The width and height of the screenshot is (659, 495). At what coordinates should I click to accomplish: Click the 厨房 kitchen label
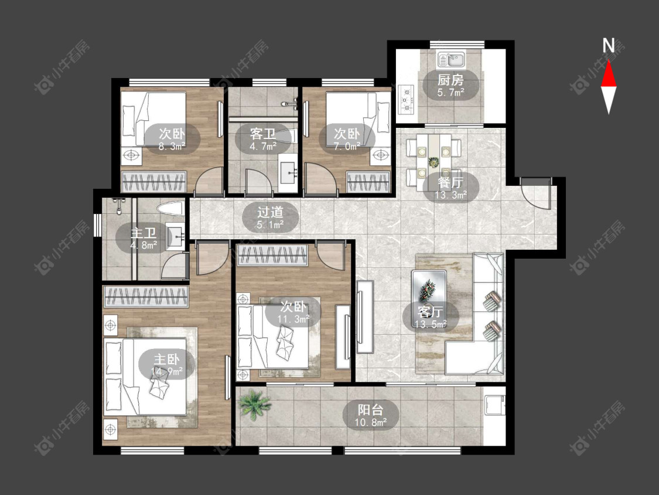click(450, 80)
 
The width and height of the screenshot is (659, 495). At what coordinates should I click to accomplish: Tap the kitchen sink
click(451, 60)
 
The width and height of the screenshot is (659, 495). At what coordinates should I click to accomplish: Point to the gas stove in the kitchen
click(405, 100)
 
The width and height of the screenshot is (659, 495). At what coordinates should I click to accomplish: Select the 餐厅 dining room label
click(450, 182)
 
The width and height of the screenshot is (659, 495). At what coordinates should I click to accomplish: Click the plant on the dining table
click(433, 162)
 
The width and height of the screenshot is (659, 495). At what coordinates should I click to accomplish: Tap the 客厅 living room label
click(431, 312)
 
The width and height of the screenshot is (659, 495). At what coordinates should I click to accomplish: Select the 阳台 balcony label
click(371, 409)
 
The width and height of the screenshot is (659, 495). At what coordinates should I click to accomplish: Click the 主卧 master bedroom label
click(166, 359)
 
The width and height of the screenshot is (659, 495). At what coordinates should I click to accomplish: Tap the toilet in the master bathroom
click(170, 208)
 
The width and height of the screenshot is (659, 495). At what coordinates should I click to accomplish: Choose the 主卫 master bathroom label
click(144, 233)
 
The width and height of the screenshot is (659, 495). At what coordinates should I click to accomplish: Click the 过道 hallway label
click(270, 212)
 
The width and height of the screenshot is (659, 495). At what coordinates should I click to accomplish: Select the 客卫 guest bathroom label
click(263, 134)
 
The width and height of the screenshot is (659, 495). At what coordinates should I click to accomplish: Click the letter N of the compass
click(609, 46)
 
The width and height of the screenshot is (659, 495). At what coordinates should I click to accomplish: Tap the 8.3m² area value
click(172, 147)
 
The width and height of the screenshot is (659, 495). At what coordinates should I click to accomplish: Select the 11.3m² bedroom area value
click(293, 319)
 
